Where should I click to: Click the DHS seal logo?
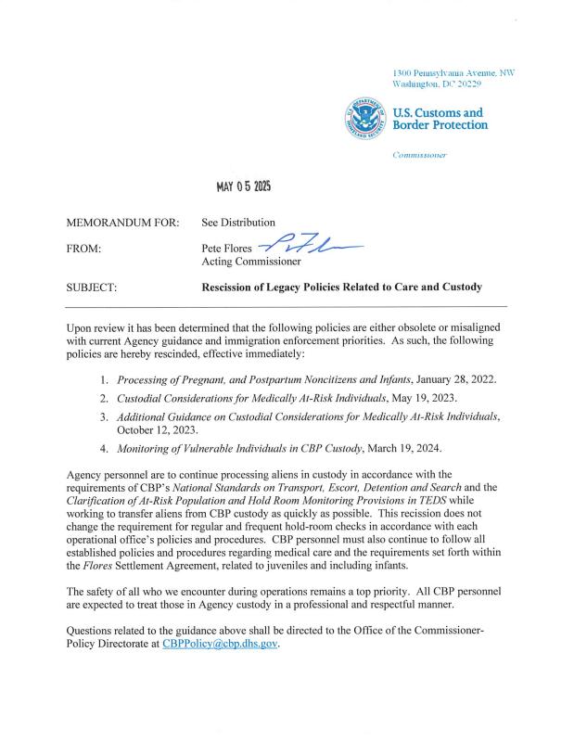coord(366,118)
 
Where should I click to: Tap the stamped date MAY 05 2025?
coord(244,188)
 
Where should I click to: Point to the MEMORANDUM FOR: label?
coord(125,223)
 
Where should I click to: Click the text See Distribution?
coord(238,223)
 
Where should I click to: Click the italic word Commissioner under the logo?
coord(420,154)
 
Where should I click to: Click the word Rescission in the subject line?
coord(234,288)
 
